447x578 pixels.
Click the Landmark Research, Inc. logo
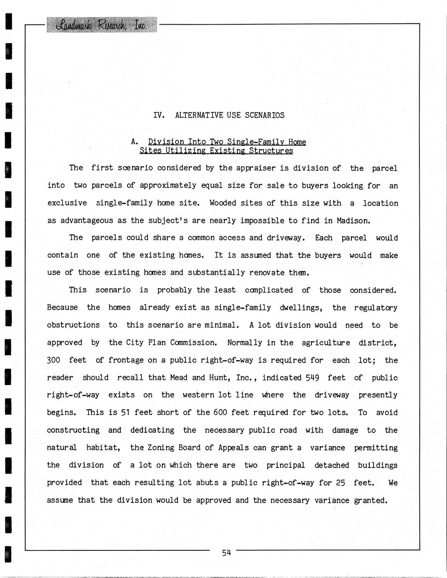point(102,25)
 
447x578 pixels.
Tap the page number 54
point(226,552)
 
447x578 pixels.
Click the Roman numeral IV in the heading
point(159,115)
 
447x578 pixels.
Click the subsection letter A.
point(134,142)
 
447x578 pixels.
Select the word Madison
point(356,221)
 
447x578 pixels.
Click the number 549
point(312,378)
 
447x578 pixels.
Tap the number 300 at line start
point(54,360)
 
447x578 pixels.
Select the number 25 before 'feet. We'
point(340,483)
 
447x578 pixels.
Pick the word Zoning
point(161,448)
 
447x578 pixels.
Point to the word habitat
point(103,448)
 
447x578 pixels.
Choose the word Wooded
point(223,203)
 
